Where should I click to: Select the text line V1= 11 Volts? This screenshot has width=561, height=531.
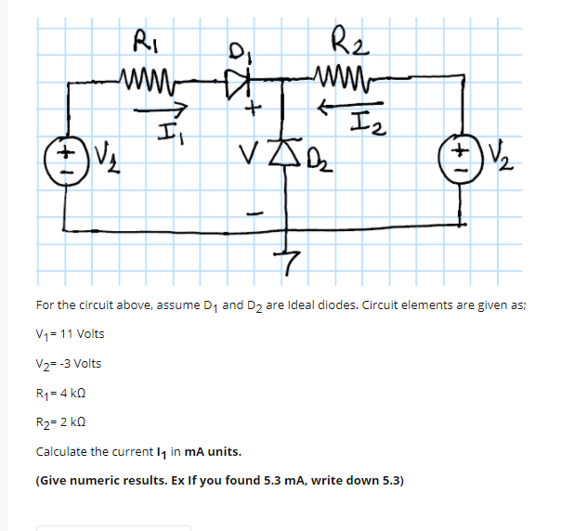(71, 333)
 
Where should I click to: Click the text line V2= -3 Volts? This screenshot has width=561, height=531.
(69, 363)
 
